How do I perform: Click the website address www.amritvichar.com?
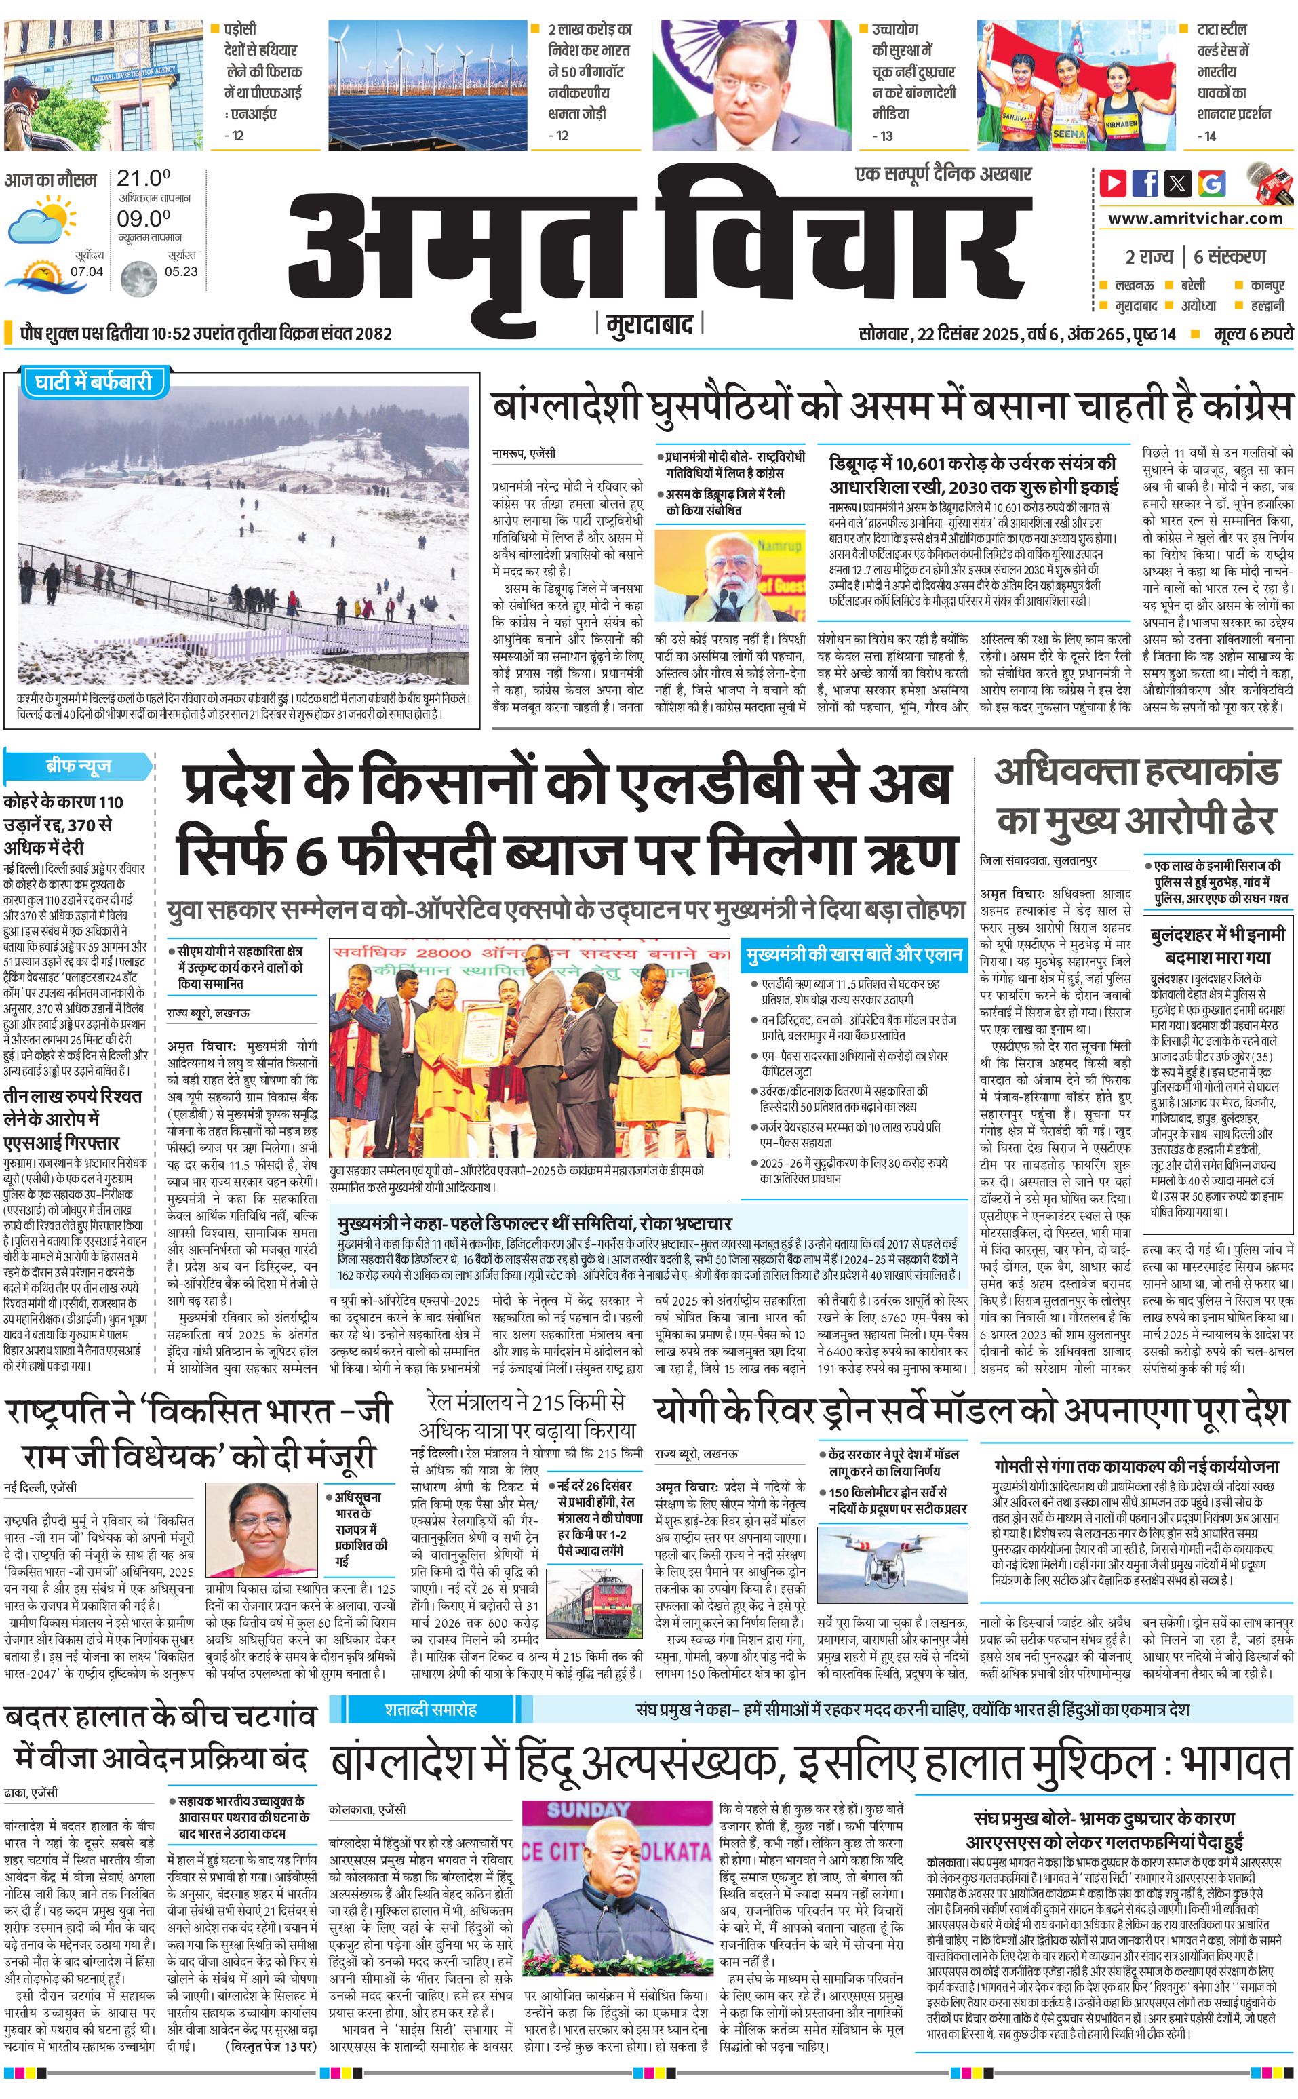tap(1195, 218)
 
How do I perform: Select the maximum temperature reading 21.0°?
tap(143, 178)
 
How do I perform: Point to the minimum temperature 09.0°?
tap(143, 218)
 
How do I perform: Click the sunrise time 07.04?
tap(87, 272)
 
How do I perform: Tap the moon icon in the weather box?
tap(138, 277)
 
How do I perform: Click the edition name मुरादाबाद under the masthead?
tap(649, 324)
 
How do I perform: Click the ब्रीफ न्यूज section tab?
tap(78, 766)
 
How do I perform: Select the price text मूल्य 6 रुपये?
tap(1253, 334)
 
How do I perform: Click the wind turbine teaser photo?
tap(427, 71)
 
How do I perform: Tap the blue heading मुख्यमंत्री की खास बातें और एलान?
tap(853, 955)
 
